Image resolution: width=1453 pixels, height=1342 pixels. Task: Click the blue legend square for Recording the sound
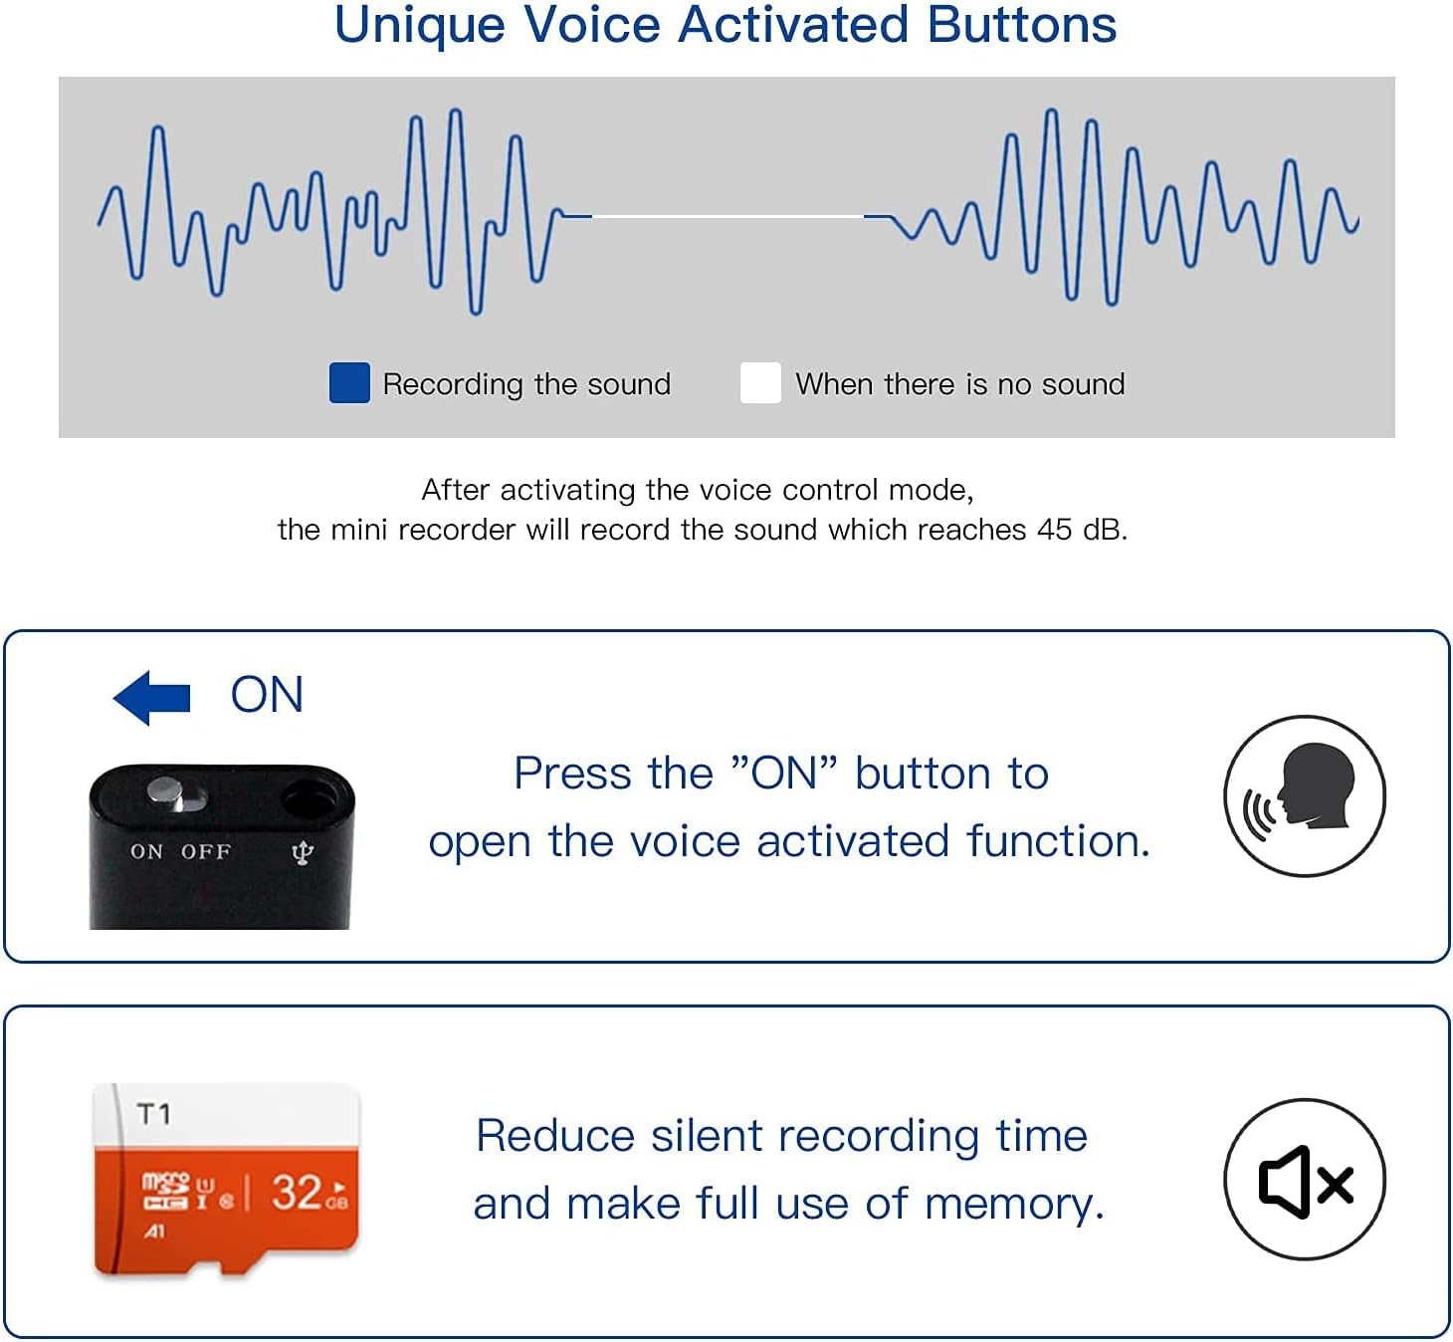349,383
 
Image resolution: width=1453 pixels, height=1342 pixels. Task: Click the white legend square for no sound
760,383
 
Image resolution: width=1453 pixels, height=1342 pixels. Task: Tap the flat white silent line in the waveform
727,215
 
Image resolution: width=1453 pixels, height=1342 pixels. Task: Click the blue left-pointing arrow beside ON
151,697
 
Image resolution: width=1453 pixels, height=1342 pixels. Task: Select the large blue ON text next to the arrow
267,695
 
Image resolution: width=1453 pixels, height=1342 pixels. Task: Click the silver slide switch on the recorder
167,793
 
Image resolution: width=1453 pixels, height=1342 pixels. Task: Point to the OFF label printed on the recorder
206,852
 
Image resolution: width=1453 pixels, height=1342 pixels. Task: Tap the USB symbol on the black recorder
303,853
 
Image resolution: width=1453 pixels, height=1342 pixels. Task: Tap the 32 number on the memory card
297,1192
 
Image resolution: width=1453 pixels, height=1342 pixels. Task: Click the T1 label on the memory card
154,1114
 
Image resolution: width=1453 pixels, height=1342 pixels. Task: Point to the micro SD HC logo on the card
165,1191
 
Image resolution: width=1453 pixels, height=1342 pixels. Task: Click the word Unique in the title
419,25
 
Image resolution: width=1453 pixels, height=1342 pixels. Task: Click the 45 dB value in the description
1081,530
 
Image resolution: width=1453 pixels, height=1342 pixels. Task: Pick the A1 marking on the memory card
154,1232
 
